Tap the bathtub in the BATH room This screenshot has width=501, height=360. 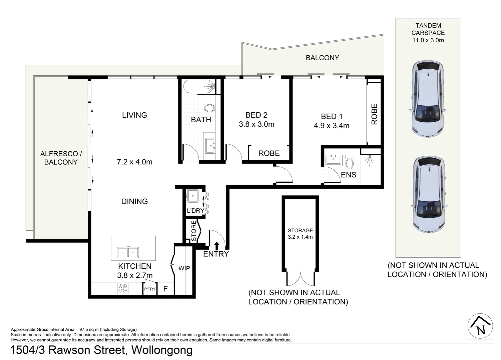tap(199, 87)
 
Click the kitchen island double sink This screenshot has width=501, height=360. tap(128, 252)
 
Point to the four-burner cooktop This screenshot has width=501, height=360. tap(122, 288)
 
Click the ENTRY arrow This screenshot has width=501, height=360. tap(216, 246)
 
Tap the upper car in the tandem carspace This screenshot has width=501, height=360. tap(428, 99)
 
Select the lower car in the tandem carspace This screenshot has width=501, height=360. tap(429, 195)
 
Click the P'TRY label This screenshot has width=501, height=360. tap(150, 289)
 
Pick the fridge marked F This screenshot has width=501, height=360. tap(165, 289)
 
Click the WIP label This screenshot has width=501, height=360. tap(184, 268)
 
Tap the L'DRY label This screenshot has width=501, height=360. tap(195, 211)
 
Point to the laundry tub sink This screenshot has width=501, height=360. tap(192, 196)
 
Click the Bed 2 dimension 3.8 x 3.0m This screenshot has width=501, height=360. tap(257, 124)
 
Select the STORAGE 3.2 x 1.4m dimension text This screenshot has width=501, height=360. tap(300, 237)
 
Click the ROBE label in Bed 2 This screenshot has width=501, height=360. tap(269, 153)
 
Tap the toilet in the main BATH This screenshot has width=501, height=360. tap(209, 108)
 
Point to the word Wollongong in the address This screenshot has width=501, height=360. tap(162, 351)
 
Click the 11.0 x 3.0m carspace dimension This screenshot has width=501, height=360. tap(428, 40)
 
